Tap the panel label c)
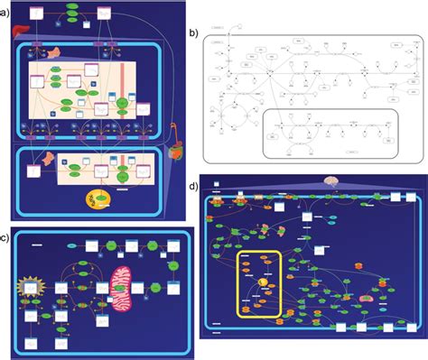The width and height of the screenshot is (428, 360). (5, 237)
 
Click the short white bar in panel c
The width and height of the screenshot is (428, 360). (39, 244)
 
